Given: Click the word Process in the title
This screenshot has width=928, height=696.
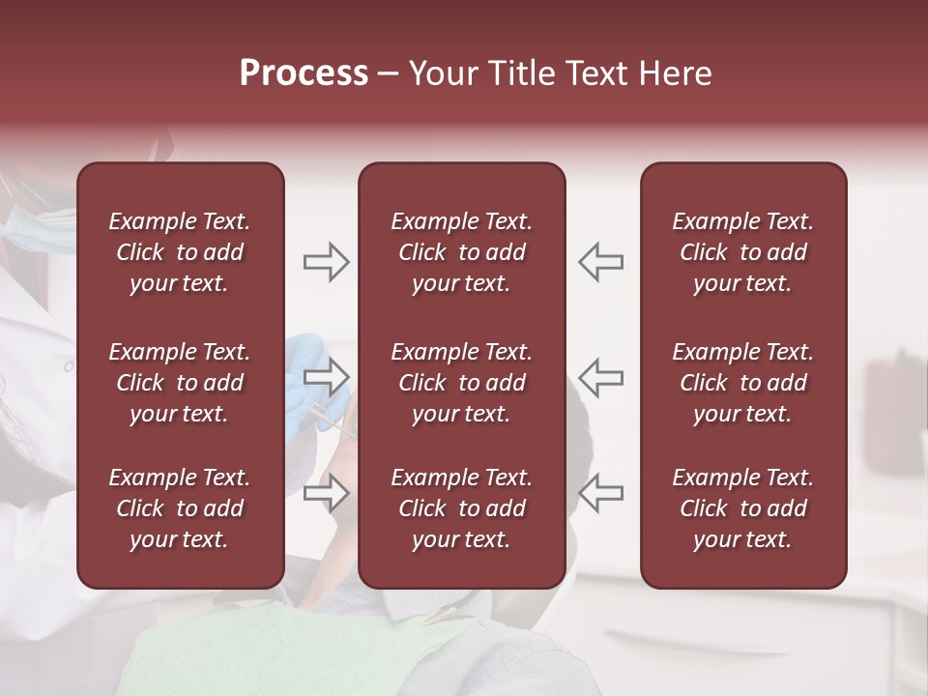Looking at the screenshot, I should (304, 72).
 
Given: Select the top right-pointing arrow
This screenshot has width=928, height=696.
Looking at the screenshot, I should (326, 262).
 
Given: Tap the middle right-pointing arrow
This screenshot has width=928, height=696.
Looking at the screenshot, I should (326, 377).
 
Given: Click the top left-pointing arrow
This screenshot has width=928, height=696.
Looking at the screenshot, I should (600, 262).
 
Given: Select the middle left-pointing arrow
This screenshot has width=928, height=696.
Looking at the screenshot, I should (600, 377).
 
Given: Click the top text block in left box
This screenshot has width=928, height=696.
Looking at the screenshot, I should (180, 252).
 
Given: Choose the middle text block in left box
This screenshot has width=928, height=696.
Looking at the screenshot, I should (180, 383).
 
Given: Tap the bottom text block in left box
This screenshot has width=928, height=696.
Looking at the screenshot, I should (180, 508).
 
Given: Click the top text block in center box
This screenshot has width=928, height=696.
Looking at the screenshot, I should (461, 252).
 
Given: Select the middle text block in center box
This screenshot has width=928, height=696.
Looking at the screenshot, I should (461, 383).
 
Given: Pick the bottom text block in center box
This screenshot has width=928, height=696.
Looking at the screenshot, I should (461, 508).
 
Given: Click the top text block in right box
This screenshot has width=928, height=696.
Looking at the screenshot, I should (742, 252).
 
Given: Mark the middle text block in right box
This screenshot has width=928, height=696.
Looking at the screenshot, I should (742, 383).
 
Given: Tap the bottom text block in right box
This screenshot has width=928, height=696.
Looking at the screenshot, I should (742, 508).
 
